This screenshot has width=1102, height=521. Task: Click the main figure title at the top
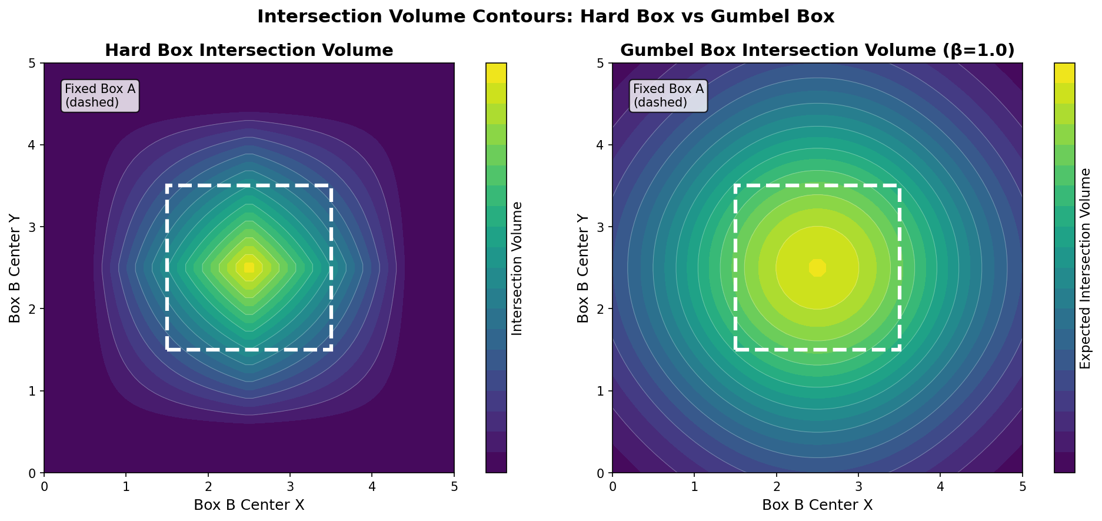[545, 16]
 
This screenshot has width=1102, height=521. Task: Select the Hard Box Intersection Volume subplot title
[249, 51]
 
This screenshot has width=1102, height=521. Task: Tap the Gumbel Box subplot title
[817, 51]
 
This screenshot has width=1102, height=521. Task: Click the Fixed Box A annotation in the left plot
[100, 95]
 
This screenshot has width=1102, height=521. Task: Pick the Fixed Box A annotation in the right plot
[668, 95]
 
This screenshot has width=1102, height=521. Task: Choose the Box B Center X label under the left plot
[249, 505]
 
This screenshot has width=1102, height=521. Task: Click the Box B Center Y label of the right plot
[583, 268]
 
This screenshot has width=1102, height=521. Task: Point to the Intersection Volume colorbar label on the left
[517, 268]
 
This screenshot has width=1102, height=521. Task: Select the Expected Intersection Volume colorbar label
[1086, 268]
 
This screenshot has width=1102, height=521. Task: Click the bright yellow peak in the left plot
[249, 267]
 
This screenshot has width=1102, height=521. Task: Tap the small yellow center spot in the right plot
[817, 267]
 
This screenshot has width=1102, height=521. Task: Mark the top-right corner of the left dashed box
[331, 186]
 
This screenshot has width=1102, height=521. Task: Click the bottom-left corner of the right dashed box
[736, 349]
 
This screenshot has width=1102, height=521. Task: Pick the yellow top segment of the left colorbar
[496, 72]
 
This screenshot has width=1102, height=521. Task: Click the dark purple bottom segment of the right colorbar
[1064, 463]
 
